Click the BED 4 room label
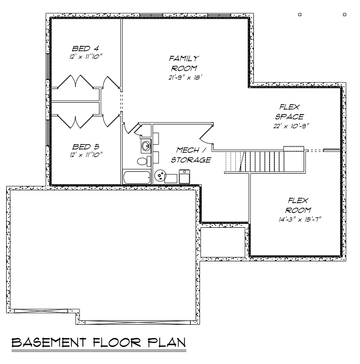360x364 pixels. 85,49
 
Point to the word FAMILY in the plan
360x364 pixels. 184,58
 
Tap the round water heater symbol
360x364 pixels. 161,176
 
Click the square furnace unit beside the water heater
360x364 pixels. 184,176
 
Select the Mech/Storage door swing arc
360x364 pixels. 207,134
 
